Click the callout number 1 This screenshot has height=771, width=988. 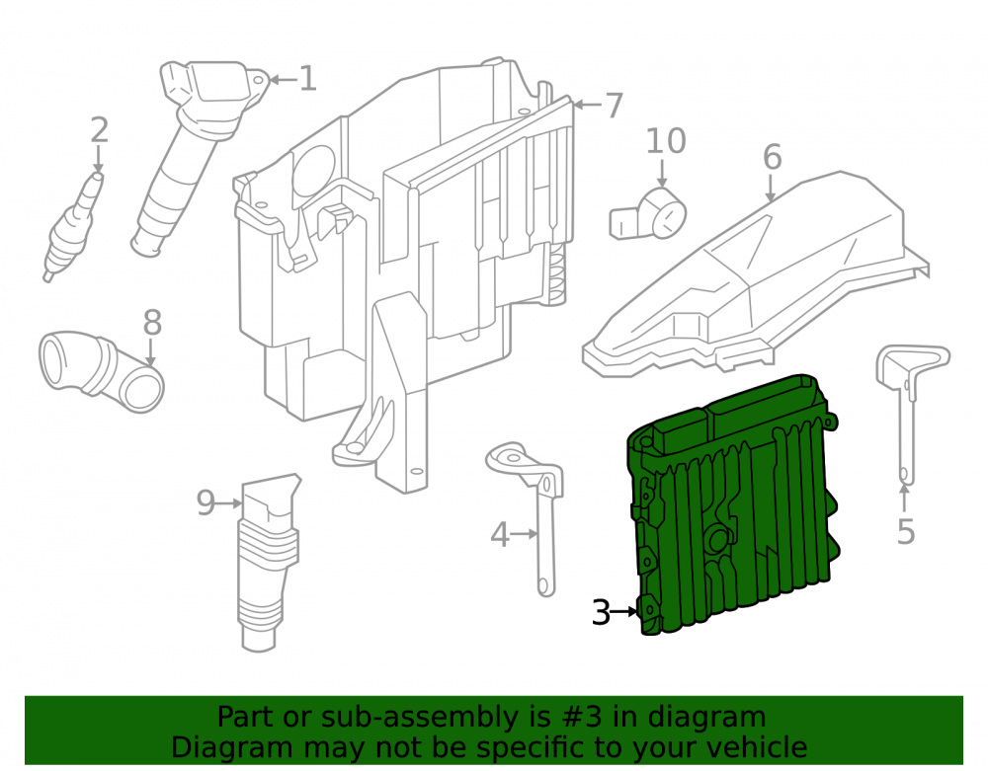[x=307, y=79]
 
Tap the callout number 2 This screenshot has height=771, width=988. [x=100, y=131]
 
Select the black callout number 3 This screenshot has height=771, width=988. [x=601, y=612]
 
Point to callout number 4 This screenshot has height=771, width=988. [x=500, y=535]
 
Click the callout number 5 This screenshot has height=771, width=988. [x=905, y=532]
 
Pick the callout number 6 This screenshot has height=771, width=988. [x=773, y=157]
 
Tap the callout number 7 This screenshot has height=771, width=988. [x=615, y=105]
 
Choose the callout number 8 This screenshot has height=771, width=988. [x=152, y=323]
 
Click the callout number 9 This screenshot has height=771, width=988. [x=206, y=502]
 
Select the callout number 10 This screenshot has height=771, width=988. [x=666, y=141]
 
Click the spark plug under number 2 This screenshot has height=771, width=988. [x=73, y=227]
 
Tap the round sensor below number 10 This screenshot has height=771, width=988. [x=648, y=214]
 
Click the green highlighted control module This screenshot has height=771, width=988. [x=734, y=503]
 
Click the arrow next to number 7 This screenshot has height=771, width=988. [x=587, y=105]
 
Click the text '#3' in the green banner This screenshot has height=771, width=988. [x=576, y=717]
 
